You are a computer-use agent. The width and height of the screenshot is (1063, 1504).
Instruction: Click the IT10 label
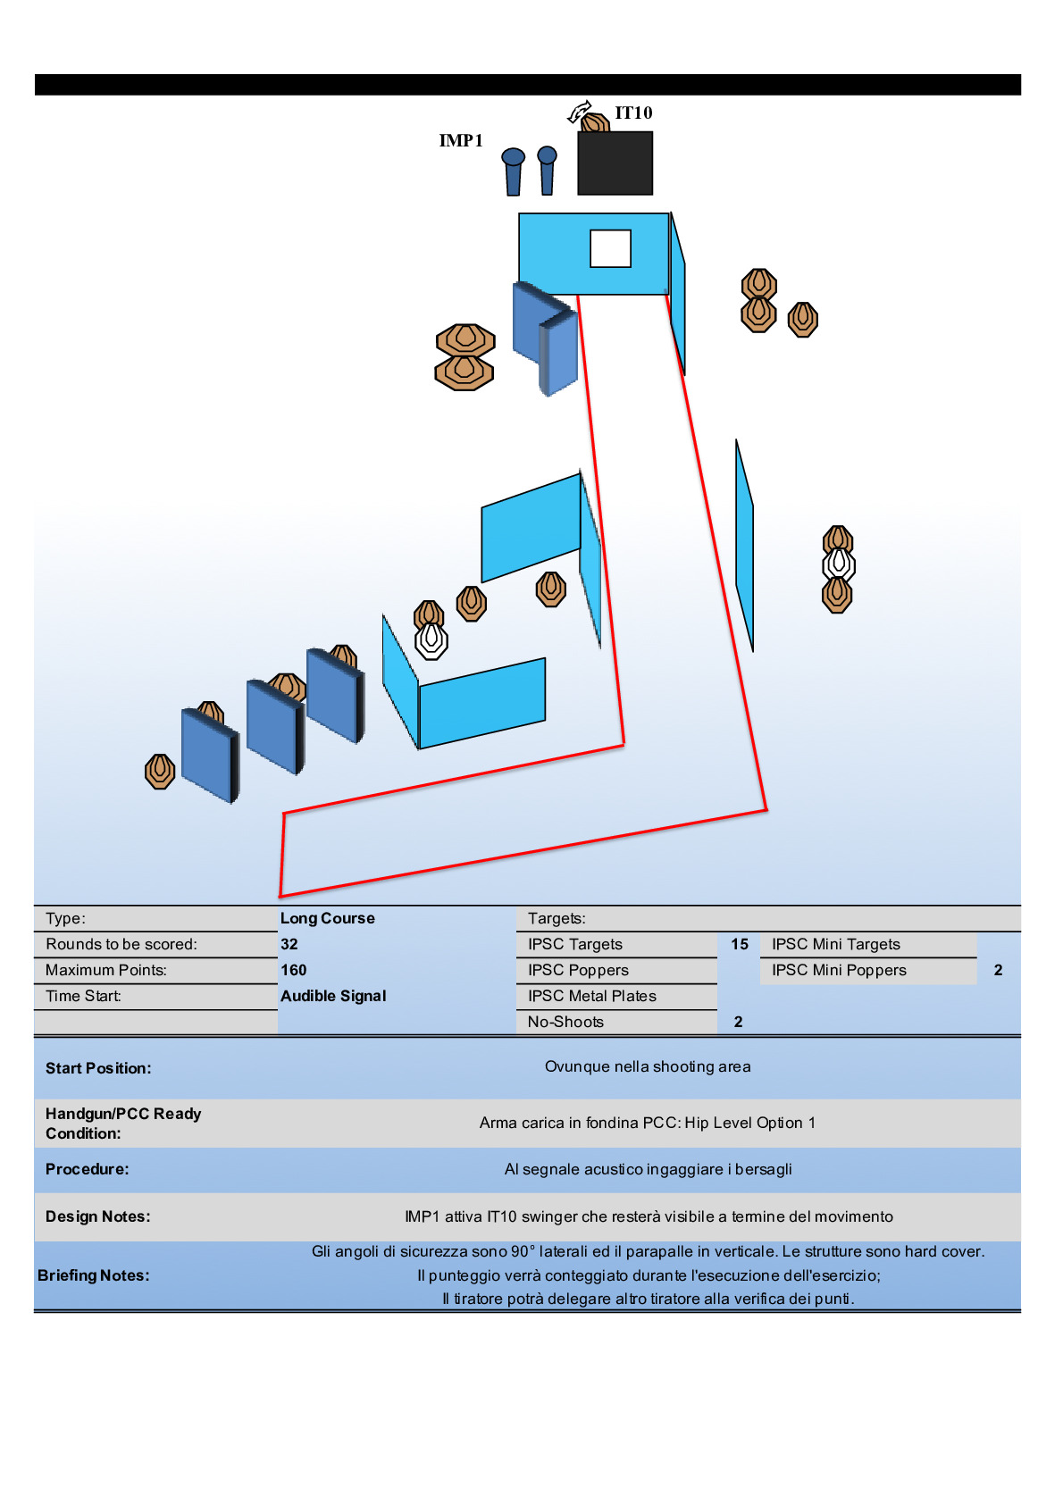(x=633, y=113)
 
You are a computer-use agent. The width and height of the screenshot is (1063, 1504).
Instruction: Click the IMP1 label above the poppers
(x=461, y=141)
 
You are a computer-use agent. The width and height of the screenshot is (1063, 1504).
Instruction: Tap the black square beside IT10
(x=615, y=163)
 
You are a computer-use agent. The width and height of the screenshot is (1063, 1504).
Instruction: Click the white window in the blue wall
(x=610, y=248)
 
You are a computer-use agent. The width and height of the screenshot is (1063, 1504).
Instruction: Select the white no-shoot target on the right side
(x=838, y=564)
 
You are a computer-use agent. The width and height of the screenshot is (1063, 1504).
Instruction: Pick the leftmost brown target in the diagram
(x=160, y=770)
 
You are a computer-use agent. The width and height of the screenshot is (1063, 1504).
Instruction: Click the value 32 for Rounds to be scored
(x=289, y=944)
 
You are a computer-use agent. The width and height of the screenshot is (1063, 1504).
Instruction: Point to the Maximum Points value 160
(x=294, y=970)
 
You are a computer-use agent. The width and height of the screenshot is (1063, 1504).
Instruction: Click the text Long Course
(x=328, y=918)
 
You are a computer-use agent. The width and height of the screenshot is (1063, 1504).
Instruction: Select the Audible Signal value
(x=333, y=996)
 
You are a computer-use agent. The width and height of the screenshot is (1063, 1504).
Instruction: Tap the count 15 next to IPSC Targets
(x=740, y=944)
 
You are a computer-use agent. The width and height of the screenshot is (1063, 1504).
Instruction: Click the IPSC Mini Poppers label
(x=839, y=970)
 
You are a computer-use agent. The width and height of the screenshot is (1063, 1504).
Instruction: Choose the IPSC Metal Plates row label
(x=591, y=996)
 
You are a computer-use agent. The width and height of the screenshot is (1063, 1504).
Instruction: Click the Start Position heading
(x=98, y=1068)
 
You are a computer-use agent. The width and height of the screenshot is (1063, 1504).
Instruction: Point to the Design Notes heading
(x=98, y=1216)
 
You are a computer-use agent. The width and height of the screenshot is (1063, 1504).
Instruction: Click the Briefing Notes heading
(x=94, y=1275)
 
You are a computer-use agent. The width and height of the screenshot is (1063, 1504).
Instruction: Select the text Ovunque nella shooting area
(x=648, y=1066)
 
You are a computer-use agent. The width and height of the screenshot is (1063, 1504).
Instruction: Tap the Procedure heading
(x=88, y=1169)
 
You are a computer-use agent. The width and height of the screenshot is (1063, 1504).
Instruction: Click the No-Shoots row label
(x=565, y=1022)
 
